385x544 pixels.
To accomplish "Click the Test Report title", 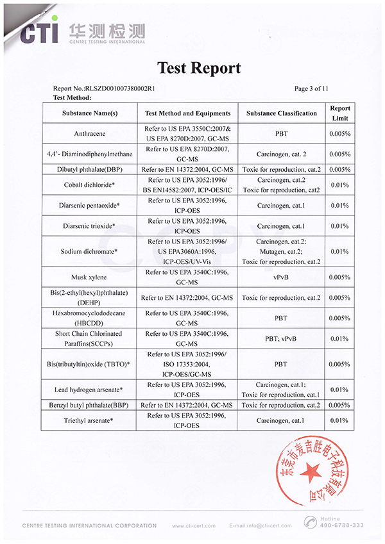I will [199, 68].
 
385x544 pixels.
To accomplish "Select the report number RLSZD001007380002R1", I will [105, 88].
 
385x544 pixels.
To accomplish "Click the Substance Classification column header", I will [281, 113].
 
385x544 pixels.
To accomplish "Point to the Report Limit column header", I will [339, 113].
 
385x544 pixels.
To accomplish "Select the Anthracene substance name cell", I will [90, 134].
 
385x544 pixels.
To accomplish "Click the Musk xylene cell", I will [90, 277].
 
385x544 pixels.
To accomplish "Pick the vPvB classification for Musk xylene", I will [280, 277].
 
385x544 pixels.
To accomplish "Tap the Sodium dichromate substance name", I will [90, 252].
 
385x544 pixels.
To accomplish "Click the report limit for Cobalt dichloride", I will [339, 185].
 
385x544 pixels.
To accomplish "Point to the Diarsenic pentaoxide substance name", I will [90, 206].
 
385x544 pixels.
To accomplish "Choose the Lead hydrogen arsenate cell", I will [90, 389].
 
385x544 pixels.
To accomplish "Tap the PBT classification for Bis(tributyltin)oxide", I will [280, 363].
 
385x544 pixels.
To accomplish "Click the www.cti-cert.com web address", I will [193, 526].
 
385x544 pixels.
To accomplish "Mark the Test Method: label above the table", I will [73, 97].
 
